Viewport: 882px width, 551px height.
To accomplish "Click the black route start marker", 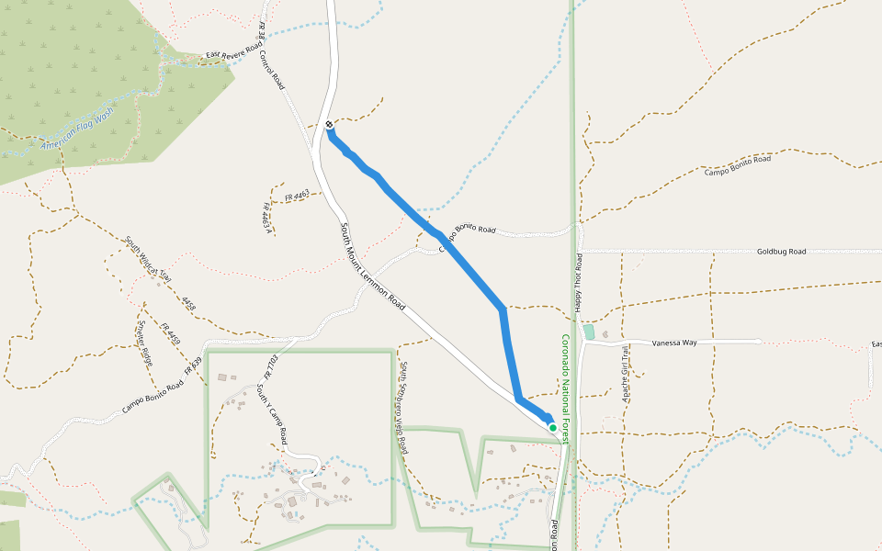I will click(x=329, y=124).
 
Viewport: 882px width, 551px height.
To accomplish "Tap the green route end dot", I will click(x=552, y=427).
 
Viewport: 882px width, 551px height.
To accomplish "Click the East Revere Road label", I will click(x=234, y=55).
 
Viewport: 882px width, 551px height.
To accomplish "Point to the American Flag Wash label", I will click(x=77, y=129).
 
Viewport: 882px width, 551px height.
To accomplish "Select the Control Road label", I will click(x=272, y=68).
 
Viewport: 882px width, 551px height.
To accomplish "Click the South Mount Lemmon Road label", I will click(x=373, y=265).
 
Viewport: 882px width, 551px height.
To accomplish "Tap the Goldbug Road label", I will click(x=781, y=251).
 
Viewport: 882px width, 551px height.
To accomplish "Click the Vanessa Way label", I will click(x=674, y=343).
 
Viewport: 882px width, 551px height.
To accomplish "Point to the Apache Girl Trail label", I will click(x=626, y=375).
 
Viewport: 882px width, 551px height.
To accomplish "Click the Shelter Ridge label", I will click(x=145, y=343).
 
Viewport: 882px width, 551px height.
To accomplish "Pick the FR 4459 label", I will click(x=170, y=333).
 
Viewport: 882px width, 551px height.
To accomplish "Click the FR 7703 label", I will click(x=270, y=367).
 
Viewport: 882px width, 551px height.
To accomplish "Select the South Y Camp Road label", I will click(x=272, y=414).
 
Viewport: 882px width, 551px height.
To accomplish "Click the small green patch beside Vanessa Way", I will click(x=589, y=332).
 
